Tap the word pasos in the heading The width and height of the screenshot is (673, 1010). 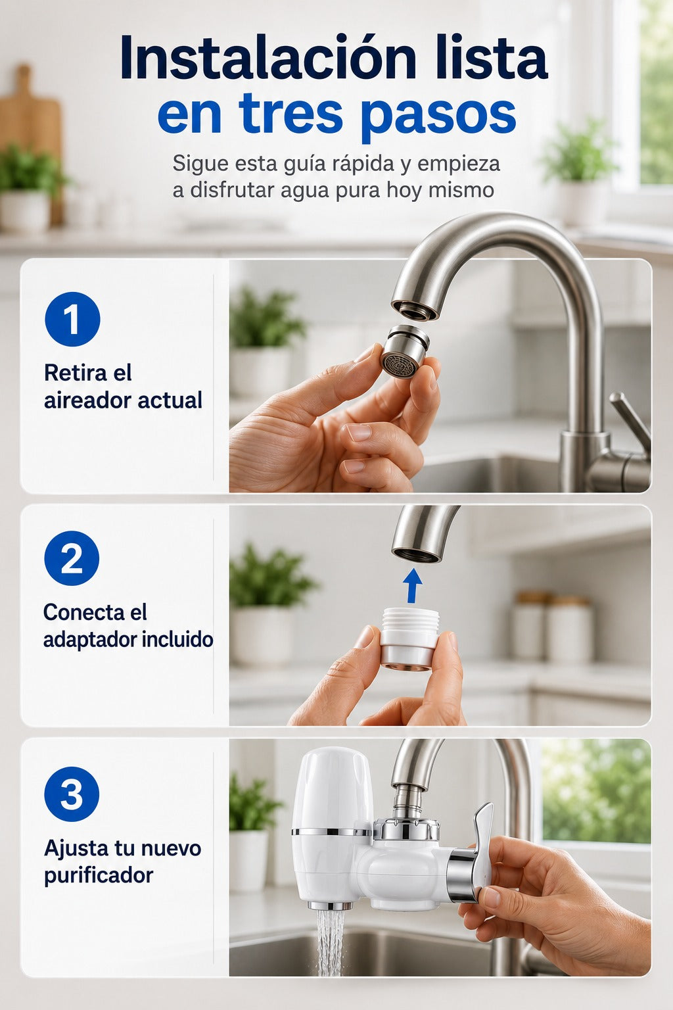(x=439, y=114)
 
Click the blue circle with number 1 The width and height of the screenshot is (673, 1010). (x=72, y=319)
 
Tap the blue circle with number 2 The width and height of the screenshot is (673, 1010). (x=72, y=558)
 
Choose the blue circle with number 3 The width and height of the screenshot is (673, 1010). (x=72, y=794)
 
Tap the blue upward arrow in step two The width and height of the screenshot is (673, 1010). (x=411, y=586)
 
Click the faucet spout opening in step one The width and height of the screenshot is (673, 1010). (x=415, y=310)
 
